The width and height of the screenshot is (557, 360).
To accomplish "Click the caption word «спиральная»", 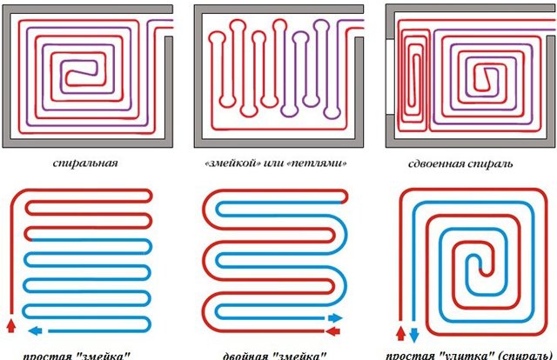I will point(84,162).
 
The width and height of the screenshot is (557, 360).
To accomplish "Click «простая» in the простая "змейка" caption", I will point(44,355).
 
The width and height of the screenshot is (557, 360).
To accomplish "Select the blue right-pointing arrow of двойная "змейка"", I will point(335,330).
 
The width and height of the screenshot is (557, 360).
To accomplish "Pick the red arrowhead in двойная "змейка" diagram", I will point(335,318).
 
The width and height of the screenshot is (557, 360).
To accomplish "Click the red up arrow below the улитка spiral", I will point(399,332).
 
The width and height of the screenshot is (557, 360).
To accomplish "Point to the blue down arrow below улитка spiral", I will point(413,333).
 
